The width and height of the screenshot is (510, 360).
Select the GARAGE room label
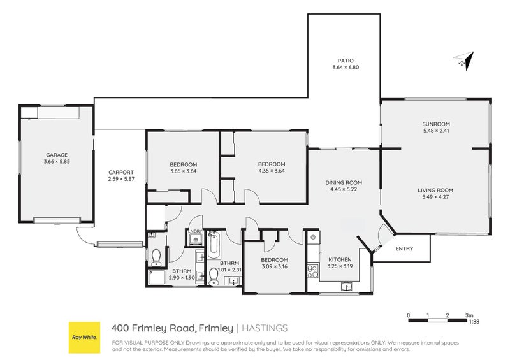pos(56,155)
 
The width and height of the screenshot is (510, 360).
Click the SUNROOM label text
pos(436,124)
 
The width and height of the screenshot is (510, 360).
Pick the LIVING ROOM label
pos(435,190)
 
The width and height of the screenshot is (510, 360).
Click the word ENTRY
pos(404,248)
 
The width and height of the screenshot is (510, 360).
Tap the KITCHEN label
pos(340,260)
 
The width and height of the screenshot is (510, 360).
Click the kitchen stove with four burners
pos(312,272)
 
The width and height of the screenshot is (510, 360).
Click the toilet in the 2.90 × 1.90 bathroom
pos(156,257)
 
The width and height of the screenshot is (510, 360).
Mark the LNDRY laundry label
pos(194,231)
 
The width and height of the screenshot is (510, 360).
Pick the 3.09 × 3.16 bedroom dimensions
pos(274,267)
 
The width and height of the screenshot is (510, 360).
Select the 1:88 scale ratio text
pos(474,322)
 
